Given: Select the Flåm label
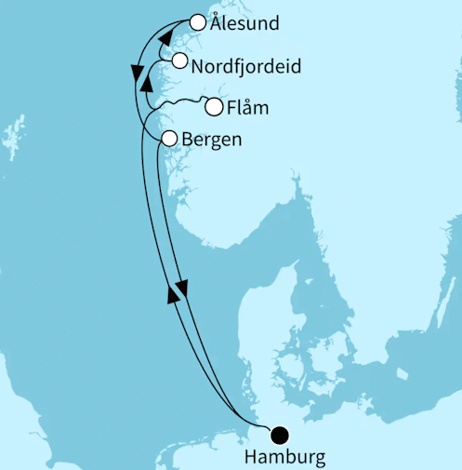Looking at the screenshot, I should coord(248,108).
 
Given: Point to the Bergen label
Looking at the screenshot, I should coord(215,140).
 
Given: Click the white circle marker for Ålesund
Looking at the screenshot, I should coord(197,22).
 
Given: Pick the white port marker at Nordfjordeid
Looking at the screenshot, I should coord(179,61).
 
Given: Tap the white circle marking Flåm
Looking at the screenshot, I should coord(214,107).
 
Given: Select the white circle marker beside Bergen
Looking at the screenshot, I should coord(169,139).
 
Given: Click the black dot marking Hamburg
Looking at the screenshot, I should coord(279,433).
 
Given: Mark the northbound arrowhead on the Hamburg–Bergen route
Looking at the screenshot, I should coord(172,294).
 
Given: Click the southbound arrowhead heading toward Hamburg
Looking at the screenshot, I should coord(182,289).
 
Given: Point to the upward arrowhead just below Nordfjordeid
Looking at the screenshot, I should coord(146,85).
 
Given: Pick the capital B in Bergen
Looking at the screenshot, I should coord(191,140).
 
